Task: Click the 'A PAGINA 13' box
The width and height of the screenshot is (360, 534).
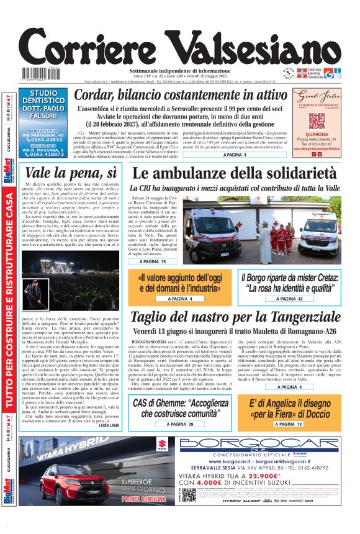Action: [x=287, y=423]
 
